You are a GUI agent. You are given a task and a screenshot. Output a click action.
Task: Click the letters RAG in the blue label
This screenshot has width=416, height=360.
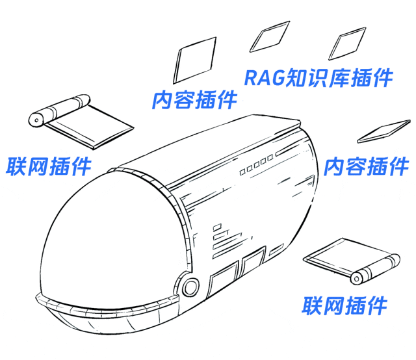[263, 78]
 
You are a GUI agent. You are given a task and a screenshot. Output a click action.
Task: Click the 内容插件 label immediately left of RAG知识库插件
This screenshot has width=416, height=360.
[194, 100]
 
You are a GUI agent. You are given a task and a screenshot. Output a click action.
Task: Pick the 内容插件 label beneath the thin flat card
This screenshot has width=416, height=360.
[366, 166]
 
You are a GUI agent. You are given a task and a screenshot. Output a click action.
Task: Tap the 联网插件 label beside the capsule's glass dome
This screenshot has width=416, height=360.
[46, 166]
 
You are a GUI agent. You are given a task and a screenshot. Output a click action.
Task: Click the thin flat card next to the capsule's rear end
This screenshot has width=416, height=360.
[382, 132]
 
